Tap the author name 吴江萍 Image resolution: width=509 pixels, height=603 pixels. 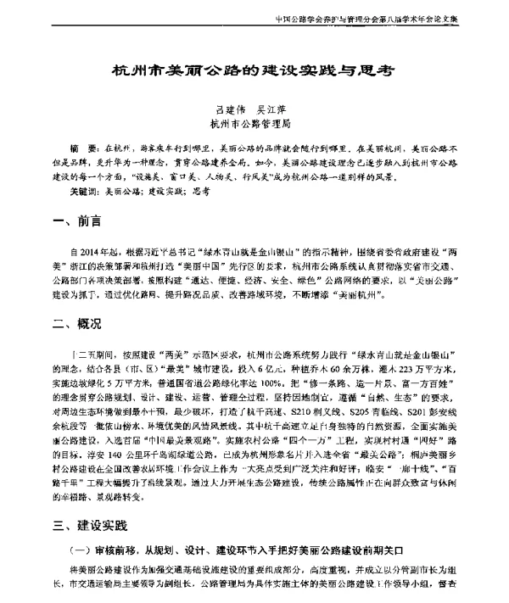pos(283,109)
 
